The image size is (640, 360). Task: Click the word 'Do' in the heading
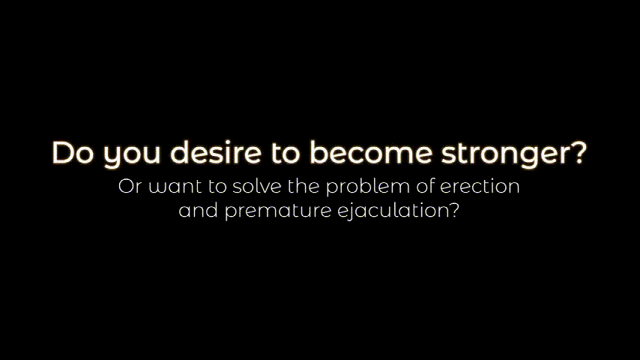(x=73, y=153)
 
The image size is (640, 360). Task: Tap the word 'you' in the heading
(x=131, y=156)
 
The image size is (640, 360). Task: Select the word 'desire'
(x=216, y=152)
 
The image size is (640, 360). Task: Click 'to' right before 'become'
(x=286, y=153)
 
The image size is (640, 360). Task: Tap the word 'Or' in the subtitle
(x=130, y=186)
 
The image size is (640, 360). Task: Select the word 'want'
(x=175, y=187)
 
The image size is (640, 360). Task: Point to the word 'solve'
(x=257, y=186)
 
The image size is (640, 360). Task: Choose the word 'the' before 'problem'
(x=304, y=186)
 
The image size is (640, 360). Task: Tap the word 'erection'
(x=480, y=186)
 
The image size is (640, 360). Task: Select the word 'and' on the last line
(x=198, y=211)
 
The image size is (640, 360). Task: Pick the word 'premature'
(x=278, y=212)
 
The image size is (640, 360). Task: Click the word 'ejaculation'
(x=393, y=211)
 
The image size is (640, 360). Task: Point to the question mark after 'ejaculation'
(x=454, y=211)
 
